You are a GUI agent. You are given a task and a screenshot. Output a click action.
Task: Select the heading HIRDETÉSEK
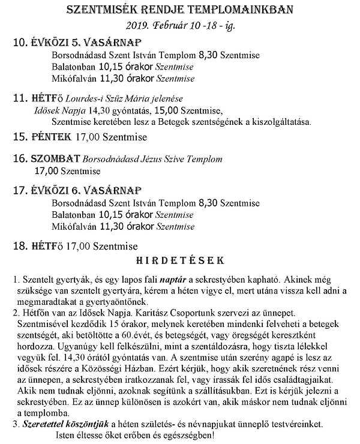click(x=179, y=261)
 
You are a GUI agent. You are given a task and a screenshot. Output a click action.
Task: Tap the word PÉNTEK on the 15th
click(x=50, y=137)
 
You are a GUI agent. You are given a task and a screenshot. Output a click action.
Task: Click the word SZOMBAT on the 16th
click(x=55, y=160)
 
